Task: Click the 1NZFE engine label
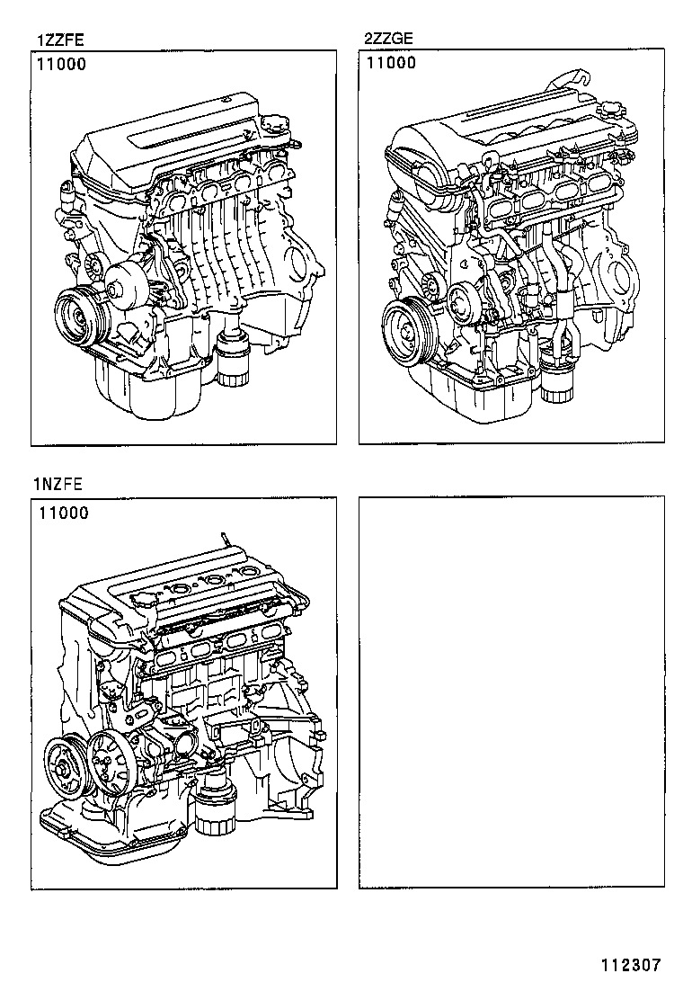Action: click(x=58, y=485)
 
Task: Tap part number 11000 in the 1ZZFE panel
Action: click(x=62, y=65)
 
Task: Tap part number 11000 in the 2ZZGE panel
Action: click(x=391, y=63)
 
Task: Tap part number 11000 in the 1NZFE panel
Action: click(x=63, y=513)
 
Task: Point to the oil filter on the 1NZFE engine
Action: click(x=215, y=813)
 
